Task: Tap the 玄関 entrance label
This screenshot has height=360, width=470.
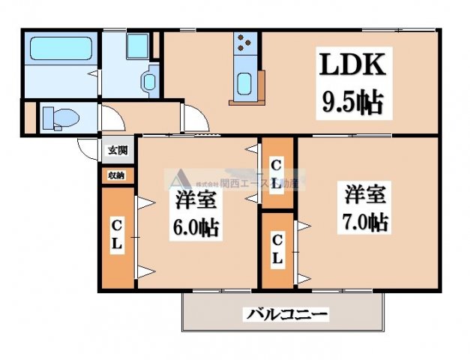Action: pos(117,150)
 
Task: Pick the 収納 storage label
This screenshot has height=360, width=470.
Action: pos(116,175)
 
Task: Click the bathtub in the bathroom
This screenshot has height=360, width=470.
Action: pos(59,50)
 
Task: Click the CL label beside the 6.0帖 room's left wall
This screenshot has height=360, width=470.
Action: pos(117,235)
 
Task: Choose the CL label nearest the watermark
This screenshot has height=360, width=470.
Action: pos(277,173)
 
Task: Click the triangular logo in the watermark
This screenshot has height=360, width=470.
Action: pos(179,180)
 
